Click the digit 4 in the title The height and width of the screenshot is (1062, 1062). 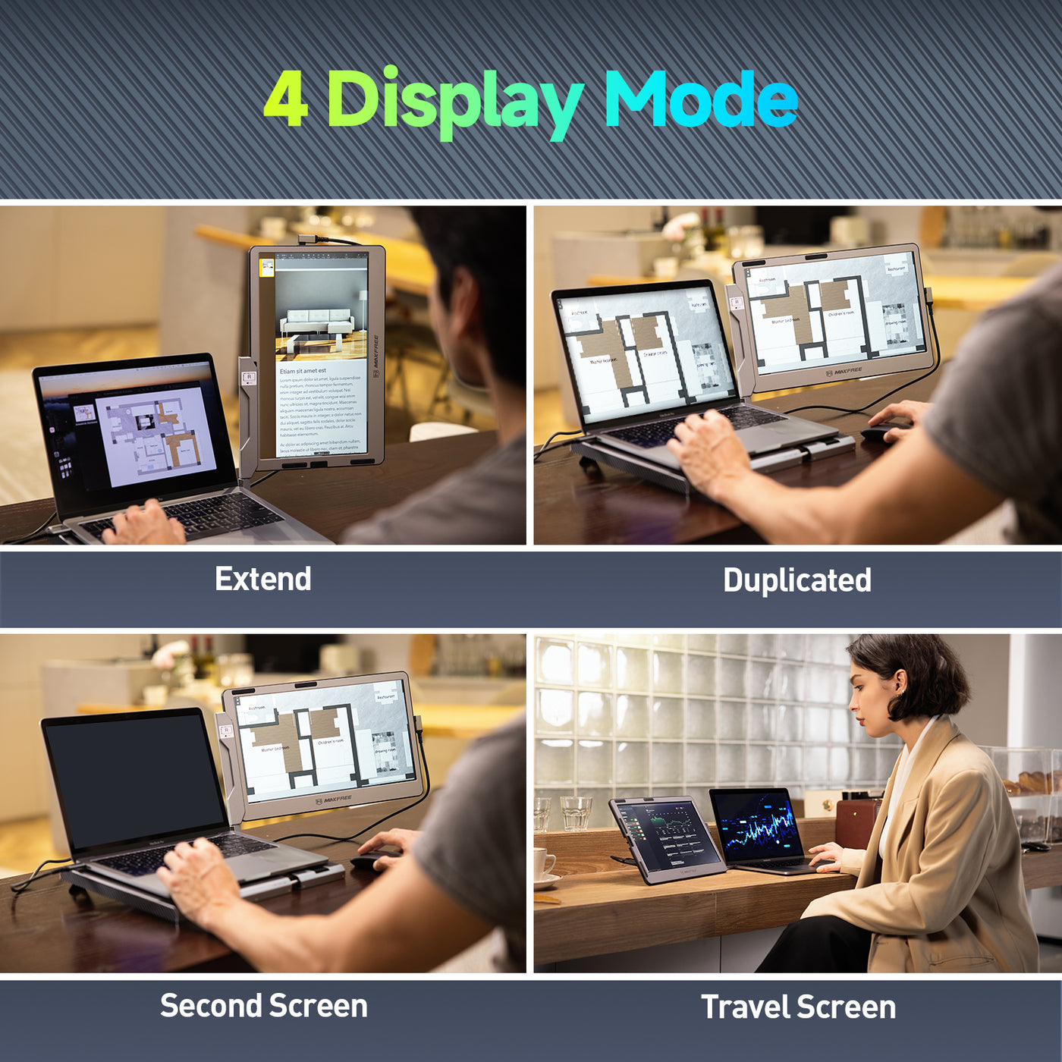286,99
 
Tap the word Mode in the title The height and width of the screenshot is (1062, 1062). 701,99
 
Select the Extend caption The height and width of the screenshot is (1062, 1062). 263,580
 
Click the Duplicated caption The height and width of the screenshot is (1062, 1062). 796,580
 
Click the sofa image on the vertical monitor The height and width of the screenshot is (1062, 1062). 316,322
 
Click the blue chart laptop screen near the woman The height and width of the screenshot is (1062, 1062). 756,827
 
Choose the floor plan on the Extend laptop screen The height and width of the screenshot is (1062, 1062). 156,432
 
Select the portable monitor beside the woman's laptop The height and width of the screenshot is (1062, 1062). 666,838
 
